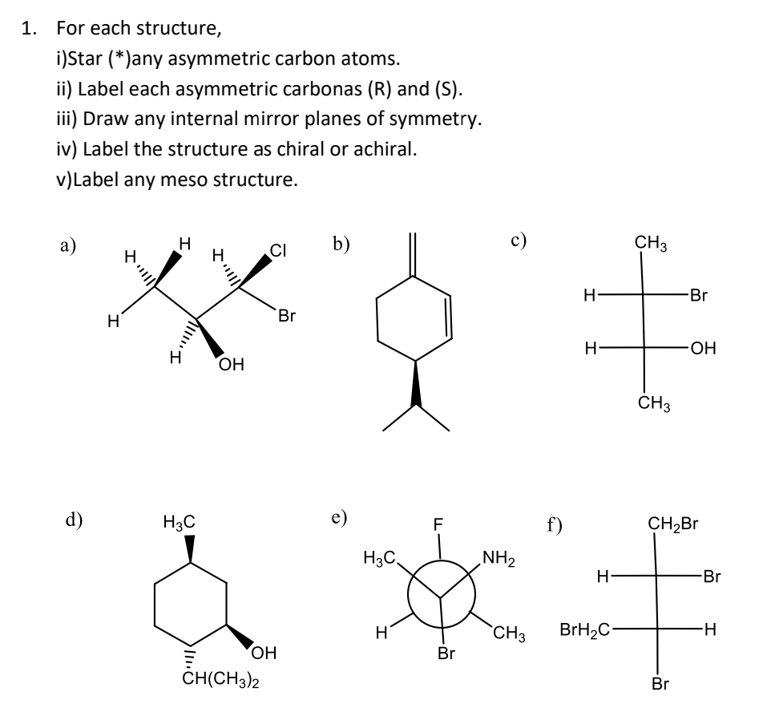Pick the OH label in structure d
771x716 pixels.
pos(264,654)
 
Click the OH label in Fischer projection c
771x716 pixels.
pos(701,349)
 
